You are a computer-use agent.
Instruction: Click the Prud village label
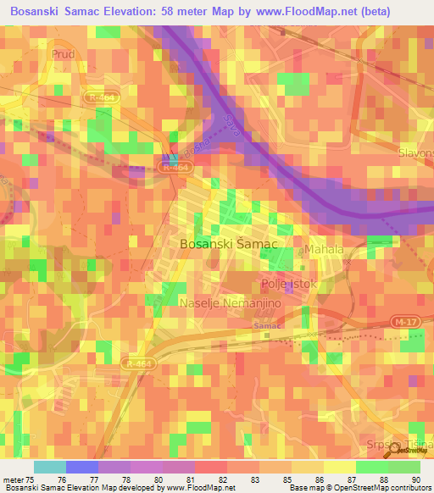coord(64,54)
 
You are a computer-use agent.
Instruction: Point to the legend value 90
coord(415,479)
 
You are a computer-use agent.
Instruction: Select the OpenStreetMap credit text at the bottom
coord(357,488)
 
